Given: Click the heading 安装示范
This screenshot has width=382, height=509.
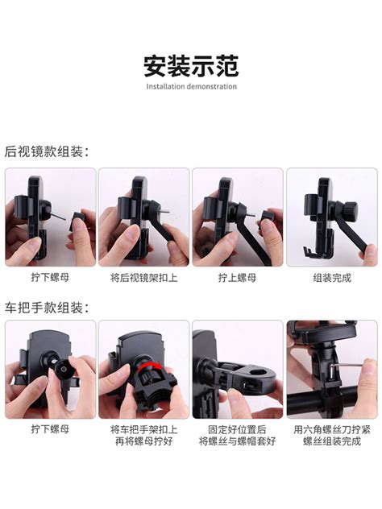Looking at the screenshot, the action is [191, 66].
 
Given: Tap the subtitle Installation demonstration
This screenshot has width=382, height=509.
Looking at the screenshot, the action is [191, 86].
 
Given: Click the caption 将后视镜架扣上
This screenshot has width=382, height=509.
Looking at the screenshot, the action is [144, 278].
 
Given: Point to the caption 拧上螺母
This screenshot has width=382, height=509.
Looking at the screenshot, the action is [238, 278].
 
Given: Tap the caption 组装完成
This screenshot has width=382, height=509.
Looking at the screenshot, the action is [332, 278].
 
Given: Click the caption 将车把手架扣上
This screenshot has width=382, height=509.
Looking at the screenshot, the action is [144, 430].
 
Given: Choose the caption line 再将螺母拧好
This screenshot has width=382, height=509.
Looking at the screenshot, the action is [144, 441].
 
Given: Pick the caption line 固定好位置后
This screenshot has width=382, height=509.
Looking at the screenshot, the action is [238, 430].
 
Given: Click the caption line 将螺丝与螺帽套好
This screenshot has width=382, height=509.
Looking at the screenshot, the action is [238, 441].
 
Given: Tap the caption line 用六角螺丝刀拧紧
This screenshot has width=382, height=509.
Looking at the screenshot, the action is [332, 430].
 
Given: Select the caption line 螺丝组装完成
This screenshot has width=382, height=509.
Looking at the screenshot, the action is [332, 441].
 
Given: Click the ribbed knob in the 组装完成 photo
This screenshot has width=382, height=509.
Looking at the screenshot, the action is [351, 207].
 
